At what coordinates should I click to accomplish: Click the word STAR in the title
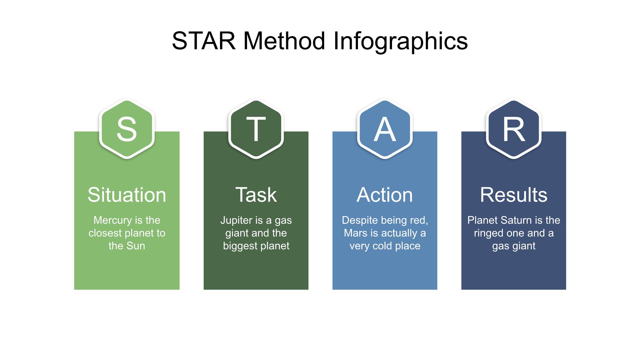pyautogui.click(x=204, y=41)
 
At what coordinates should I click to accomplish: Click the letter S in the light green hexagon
pyautogui.click(x=127, y=129)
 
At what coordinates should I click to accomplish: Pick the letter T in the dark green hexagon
pyautogui.click(x=256, y=129)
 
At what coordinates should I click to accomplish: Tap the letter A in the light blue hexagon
pyautogui.click(x=385, y=129)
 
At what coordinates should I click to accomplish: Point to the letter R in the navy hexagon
pyautogui.click(x=514, y=129)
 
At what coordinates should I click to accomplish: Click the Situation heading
pyautogui.click(x=127, y=195)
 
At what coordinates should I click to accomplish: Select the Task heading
pyautogui.click(x=256, y=195)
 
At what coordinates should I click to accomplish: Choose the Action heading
pyautogui.click(x=385, y=195)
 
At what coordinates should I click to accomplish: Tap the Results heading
pyautogui.click(x=514, y=195)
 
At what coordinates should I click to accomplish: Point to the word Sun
pyautogui.click(x=136, y=246)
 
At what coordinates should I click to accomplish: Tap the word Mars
pyautogui.click(x=356, y=233)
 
